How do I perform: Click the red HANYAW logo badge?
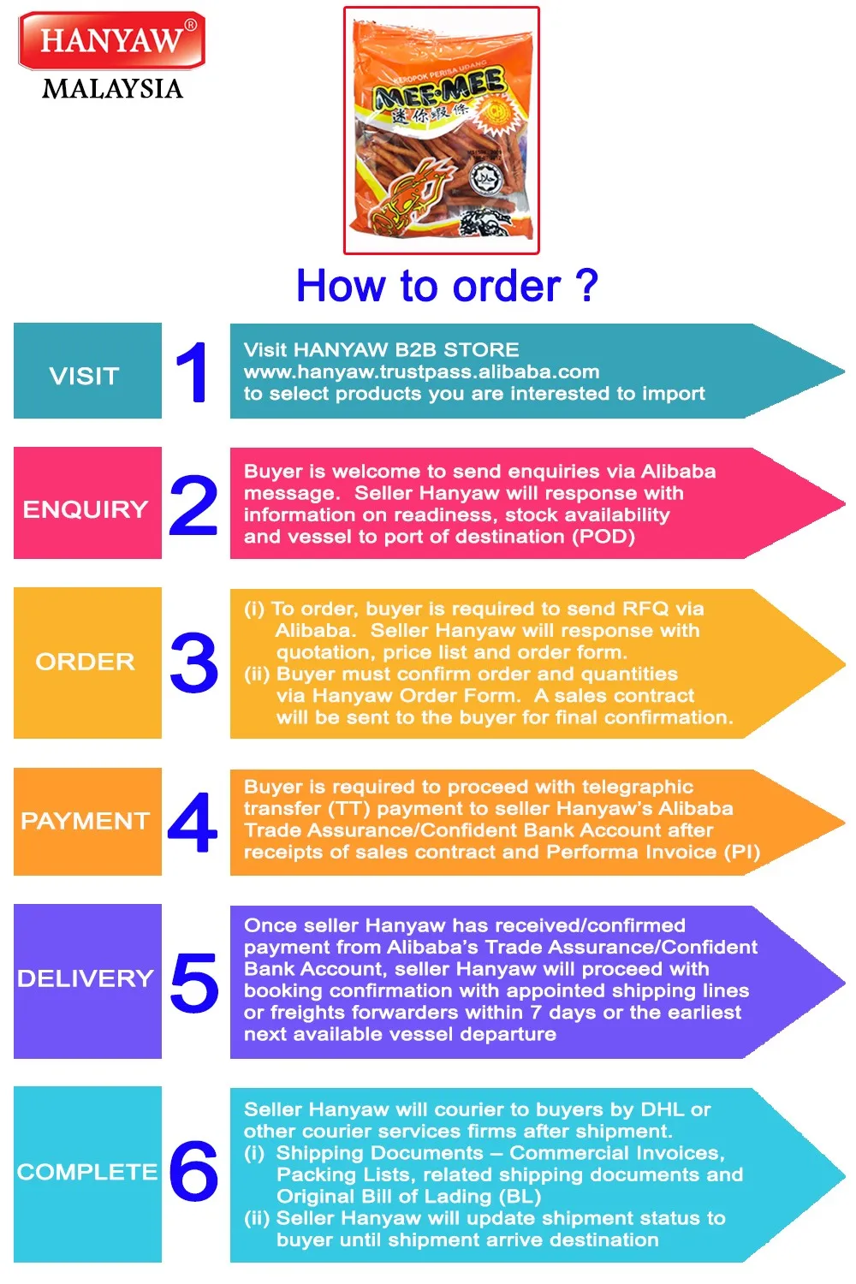[111, 40]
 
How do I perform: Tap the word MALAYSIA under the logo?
[112, 89]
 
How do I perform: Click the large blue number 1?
[193, 372]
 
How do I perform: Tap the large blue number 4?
[193, 823]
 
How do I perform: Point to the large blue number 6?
[193, 1170]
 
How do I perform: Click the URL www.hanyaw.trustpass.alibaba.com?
[421, 372]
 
